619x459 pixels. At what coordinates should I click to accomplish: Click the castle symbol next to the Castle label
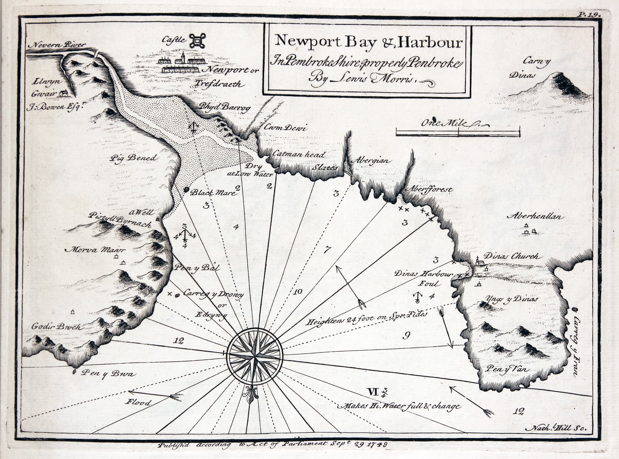[197, 41]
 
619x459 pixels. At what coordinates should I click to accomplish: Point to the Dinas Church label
[513, 256]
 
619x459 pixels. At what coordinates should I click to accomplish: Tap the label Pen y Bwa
[108, 374]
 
